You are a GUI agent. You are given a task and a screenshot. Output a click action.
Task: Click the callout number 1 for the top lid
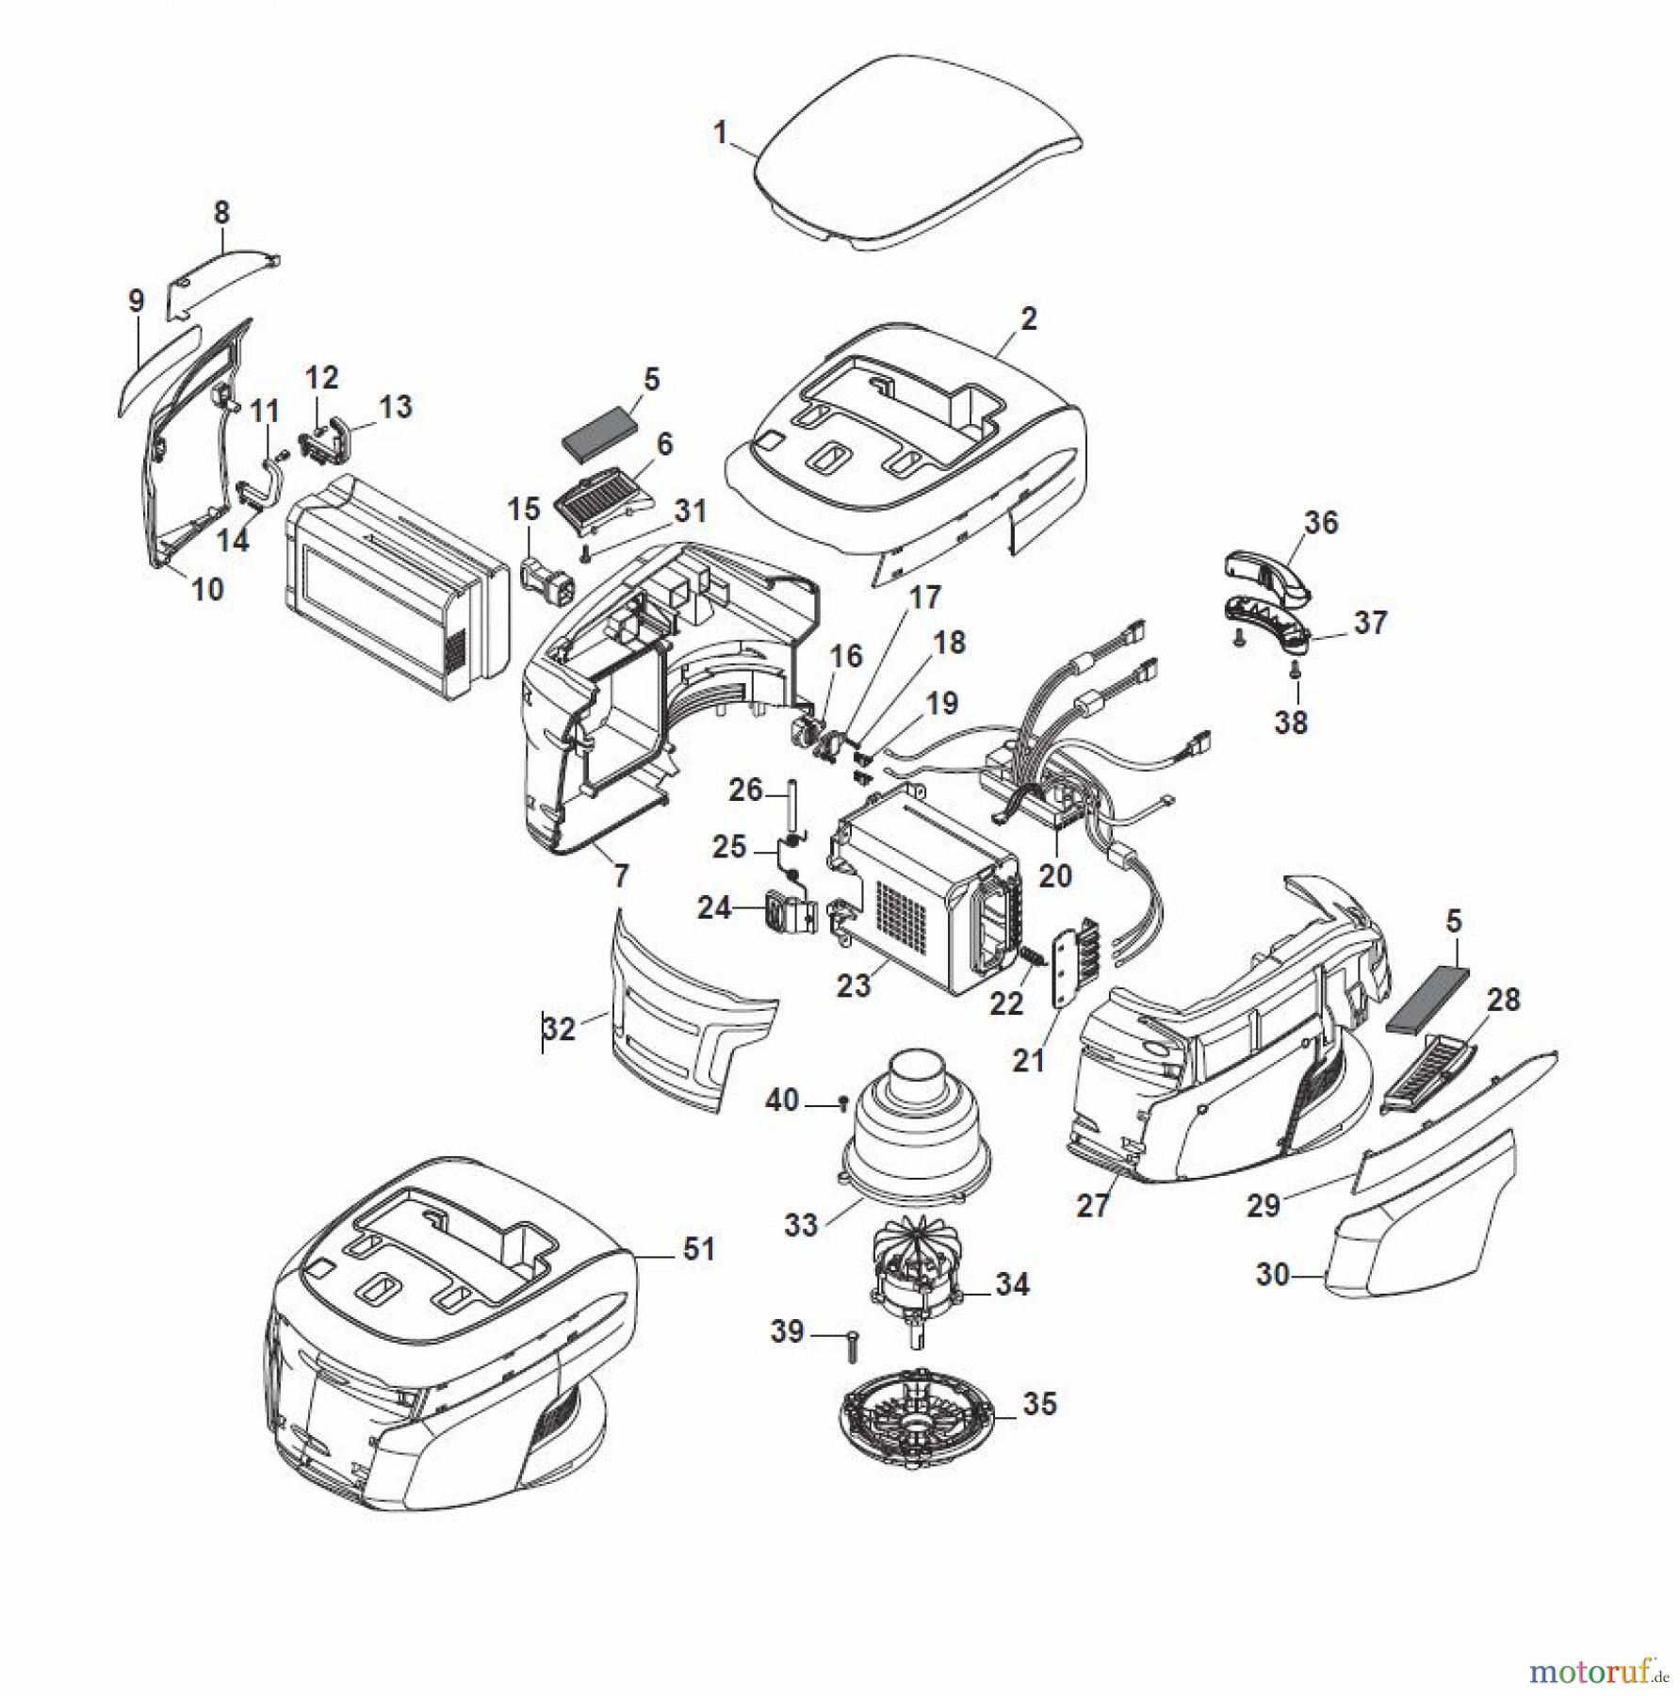[721, 133]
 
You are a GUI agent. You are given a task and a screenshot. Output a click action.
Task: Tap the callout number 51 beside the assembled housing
[698, 1249]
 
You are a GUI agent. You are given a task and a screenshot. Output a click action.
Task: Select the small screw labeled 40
[843, 1101]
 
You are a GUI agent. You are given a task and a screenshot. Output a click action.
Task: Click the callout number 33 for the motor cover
[801, 1225]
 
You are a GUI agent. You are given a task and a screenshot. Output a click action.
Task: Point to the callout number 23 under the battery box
[854, 986]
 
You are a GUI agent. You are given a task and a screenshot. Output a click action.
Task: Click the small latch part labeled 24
[791, 912]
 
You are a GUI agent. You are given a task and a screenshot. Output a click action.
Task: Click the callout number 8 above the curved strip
[221, 213]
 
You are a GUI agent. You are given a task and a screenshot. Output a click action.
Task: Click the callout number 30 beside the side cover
[1272, 1275]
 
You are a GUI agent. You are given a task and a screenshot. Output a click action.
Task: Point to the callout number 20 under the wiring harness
[1054, 875]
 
